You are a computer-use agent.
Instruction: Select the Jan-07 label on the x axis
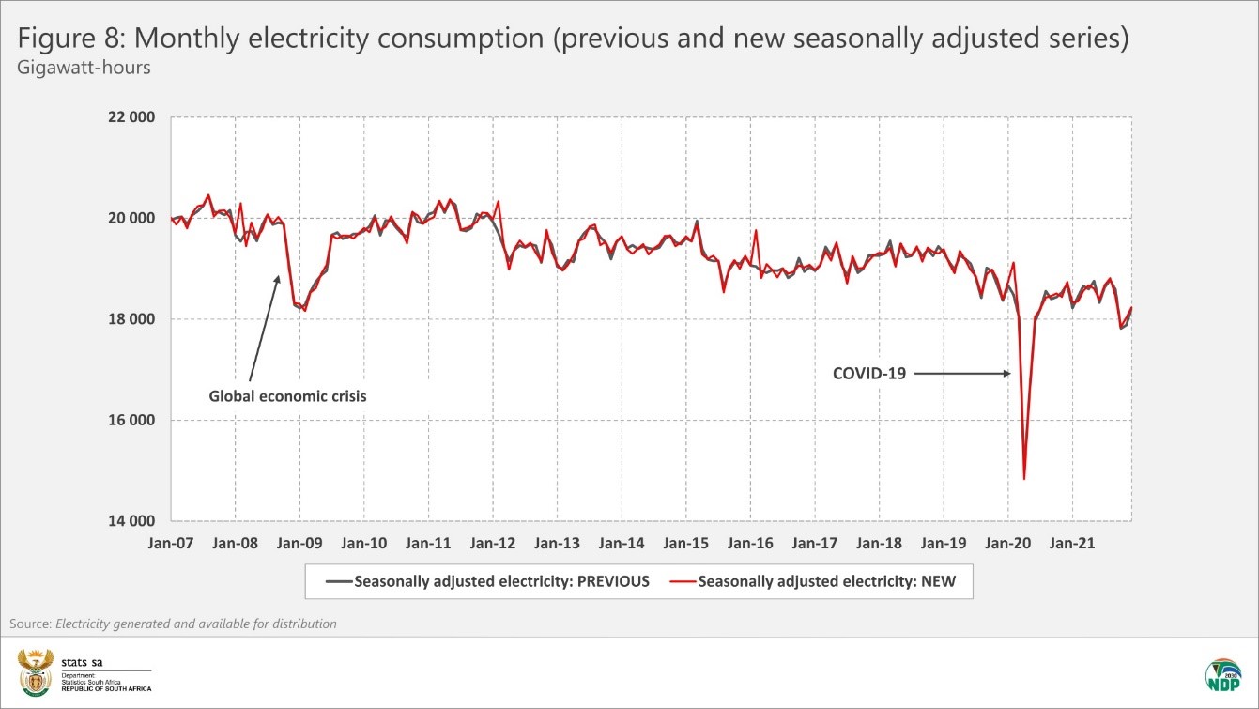point(169,543)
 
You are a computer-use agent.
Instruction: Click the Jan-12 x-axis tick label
point(492,543)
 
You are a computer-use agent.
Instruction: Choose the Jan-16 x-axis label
point(750,543)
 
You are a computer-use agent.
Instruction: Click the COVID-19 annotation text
point(869,374)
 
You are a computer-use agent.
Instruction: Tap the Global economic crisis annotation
point(287,396)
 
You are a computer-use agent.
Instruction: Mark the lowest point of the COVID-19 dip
point(1023,479)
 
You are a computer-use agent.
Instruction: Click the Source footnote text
point(173,624)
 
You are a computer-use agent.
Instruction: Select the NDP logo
point(1222,675)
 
